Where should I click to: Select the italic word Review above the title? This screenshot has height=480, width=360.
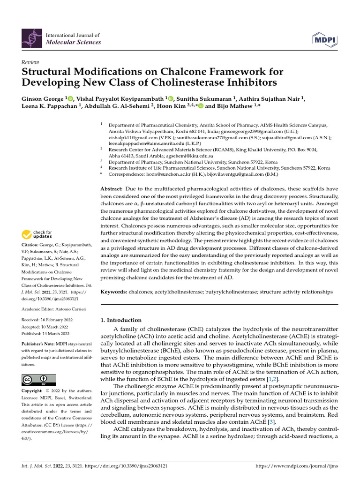[x=30, y=62]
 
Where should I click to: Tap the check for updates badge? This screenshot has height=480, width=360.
[x=37, y=234]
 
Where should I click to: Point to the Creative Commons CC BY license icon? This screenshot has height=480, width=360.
[x=38, y=380]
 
